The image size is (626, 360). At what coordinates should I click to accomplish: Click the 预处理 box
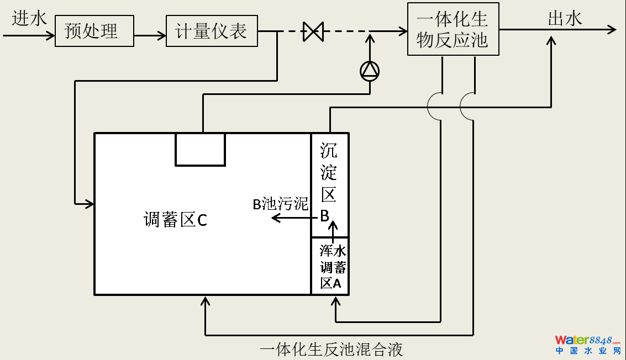click(94, 31)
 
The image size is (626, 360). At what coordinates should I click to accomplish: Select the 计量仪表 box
click(212, 31)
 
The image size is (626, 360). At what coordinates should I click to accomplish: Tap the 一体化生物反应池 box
click(453, 29)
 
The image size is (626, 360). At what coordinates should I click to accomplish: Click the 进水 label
click(29, 19)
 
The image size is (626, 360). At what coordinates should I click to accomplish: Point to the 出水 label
click(564, 19)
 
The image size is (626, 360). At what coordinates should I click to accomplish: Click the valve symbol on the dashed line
click(313, 31)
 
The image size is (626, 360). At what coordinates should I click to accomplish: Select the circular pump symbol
click(370, 71)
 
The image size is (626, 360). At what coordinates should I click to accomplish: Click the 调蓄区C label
click(175, 220)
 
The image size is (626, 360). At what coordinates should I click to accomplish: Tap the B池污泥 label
click(280, 204)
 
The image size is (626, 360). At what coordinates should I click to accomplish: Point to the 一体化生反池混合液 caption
click(331, 349)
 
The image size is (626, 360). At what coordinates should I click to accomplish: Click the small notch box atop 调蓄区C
click(200, 149)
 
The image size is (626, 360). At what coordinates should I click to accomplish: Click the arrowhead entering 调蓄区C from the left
click(89, 204)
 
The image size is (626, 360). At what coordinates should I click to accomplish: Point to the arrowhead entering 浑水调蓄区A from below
click(335, 302)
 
